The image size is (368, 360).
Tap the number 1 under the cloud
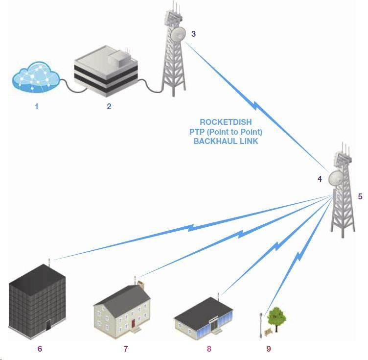tap(37, 105)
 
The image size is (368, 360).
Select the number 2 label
tap(109, 106)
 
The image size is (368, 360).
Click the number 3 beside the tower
tap(193, 34)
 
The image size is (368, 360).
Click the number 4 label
tap(320, 179)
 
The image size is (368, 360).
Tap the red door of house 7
tap(134, 324)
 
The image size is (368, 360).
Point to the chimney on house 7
tap(141, 284)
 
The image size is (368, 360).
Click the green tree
tap(277, 318)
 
